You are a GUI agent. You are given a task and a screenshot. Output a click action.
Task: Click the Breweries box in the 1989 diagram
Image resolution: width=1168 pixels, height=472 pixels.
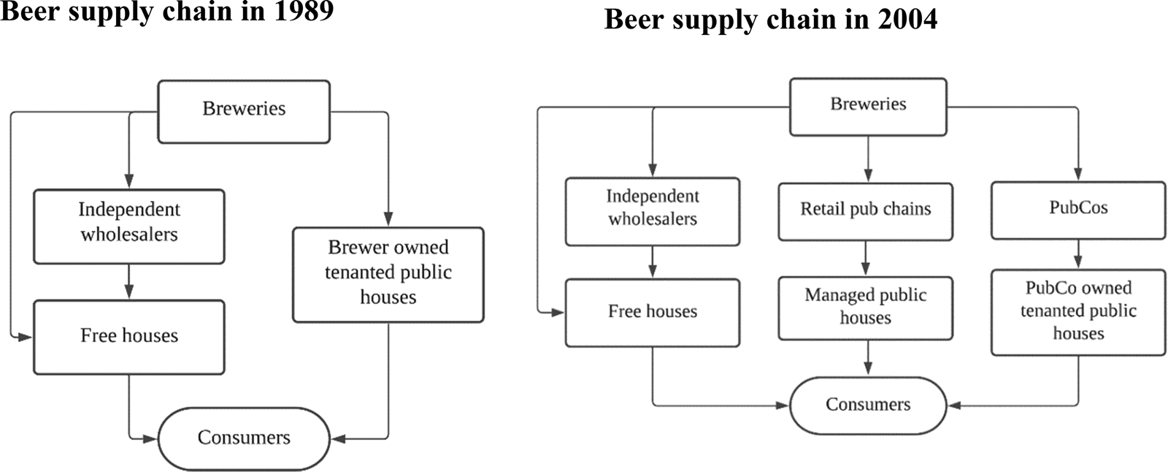click(244, 111)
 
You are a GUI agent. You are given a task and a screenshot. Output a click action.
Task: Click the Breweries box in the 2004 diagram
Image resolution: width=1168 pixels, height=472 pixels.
click(868, 107)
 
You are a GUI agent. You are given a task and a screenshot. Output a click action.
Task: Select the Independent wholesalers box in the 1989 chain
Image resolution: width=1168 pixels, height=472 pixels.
click(129, 226)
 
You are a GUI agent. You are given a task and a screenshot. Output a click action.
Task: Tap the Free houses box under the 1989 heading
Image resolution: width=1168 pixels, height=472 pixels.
click(129, 337)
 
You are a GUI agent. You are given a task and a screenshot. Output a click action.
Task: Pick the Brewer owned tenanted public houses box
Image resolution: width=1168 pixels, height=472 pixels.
click(388, 274)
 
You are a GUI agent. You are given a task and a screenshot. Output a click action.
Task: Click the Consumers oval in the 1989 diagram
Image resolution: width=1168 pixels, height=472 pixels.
click(244, 438)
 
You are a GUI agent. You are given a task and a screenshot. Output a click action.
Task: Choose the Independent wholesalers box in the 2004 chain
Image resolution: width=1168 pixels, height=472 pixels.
click(653, 211)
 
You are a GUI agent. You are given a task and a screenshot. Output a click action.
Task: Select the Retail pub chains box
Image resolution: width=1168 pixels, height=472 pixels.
click(865, 211)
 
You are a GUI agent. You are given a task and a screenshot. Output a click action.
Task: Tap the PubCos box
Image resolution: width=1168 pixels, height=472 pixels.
click(1078, 210)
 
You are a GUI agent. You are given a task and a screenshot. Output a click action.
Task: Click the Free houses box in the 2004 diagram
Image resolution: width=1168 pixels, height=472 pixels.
click(653, 313)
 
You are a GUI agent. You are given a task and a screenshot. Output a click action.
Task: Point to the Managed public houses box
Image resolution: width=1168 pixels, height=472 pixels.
click(865, 308)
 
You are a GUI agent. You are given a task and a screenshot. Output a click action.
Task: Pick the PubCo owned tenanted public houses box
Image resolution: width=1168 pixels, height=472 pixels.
click(1078, 312)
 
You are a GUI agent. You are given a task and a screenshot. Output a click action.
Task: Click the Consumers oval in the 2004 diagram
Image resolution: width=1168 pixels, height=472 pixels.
click(868, 406)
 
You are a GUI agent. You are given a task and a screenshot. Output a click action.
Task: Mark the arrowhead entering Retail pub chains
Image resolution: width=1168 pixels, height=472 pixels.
click(868, 176)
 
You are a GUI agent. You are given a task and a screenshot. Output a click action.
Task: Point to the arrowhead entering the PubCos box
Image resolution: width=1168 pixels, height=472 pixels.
click(1078, 175)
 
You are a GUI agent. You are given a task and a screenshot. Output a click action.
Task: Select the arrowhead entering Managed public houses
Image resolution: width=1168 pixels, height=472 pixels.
click(865, 270)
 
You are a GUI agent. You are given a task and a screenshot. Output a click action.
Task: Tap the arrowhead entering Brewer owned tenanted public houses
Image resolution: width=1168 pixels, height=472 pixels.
click(388, 219)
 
